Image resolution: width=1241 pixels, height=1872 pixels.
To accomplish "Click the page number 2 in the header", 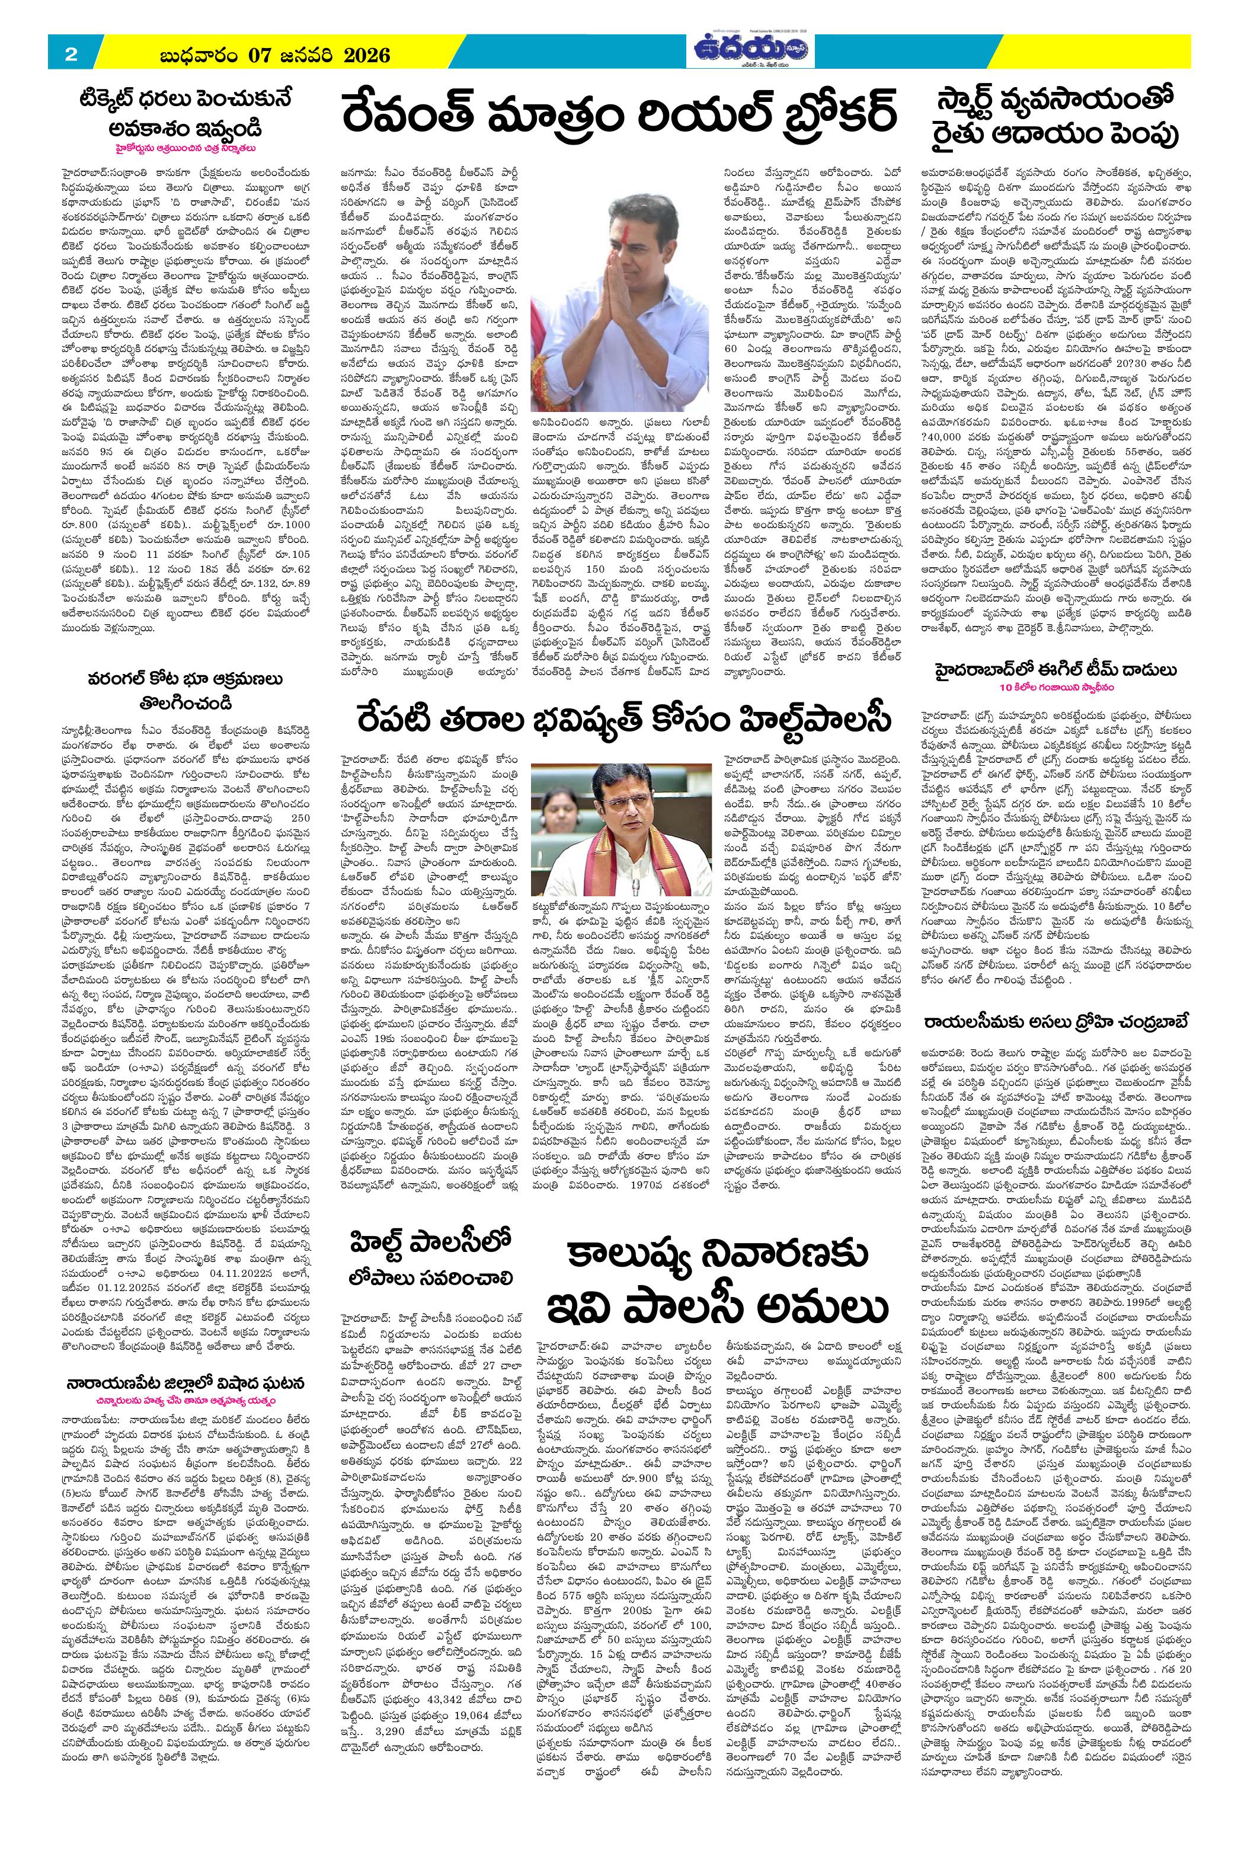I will tap(71, 55).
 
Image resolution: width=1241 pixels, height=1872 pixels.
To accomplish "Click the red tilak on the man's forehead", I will tap(620, 212).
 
